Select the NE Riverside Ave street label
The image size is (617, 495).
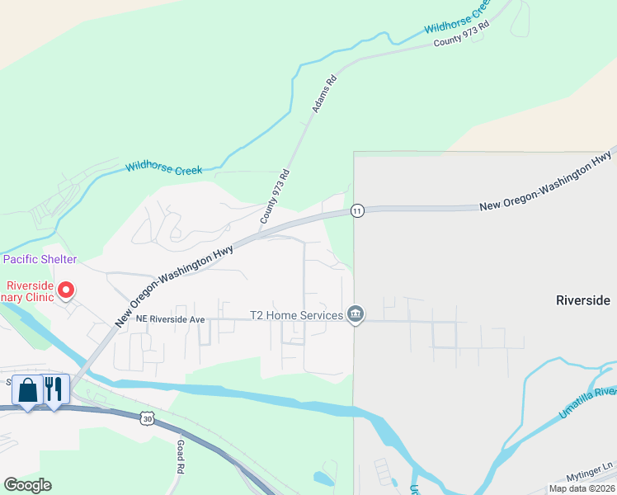coord(170,318)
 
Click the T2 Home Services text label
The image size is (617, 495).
coord(296,315)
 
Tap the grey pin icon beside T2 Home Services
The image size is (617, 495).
coord(356,314)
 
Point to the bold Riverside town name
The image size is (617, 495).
coord(583,300)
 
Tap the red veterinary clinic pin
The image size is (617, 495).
coord(65,290)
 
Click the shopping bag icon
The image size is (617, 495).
coord(27,389)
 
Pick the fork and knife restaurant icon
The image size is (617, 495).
coord(54,389)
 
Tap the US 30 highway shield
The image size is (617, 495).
coord(147,418)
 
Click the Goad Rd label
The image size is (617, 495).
coord(180,455)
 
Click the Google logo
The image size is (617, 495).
coord(27,485)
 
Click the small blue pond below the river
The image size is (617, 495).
coord(323,478)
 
